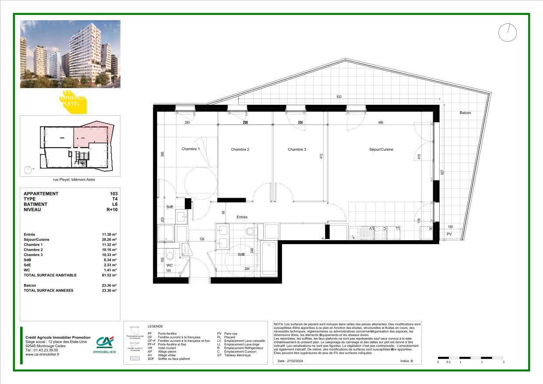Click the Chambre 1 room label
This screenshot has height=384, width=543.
(190, 149)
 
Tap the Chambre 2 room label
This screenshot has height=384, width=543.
(240, 149)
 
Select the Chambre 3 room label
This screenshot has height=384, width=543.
(297, 149)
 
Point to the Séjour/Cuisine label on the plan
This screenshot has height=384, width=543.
(381, 149)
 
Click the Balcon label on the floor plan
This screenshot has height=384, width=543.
(465, 113)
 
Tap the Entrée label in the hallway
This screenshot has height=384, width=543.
(242, 217)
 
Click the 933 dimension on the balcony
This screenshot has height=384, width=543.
(338, 97)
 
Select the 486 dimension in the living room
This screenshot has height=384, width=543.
(381, 123)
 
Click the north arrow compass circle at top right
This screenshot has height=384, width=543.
(508, 32)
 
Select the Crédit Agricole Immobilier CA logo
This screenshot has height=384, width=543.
(105, 345)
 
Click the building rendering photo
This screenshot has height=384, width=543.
(70, 54)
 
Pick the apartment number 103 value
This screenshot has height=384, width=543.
(114, 194)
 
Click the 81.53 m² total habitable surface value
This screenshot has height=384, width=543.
(109, 275)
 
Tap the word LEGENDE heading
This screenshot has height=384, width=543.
(155, 327)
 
